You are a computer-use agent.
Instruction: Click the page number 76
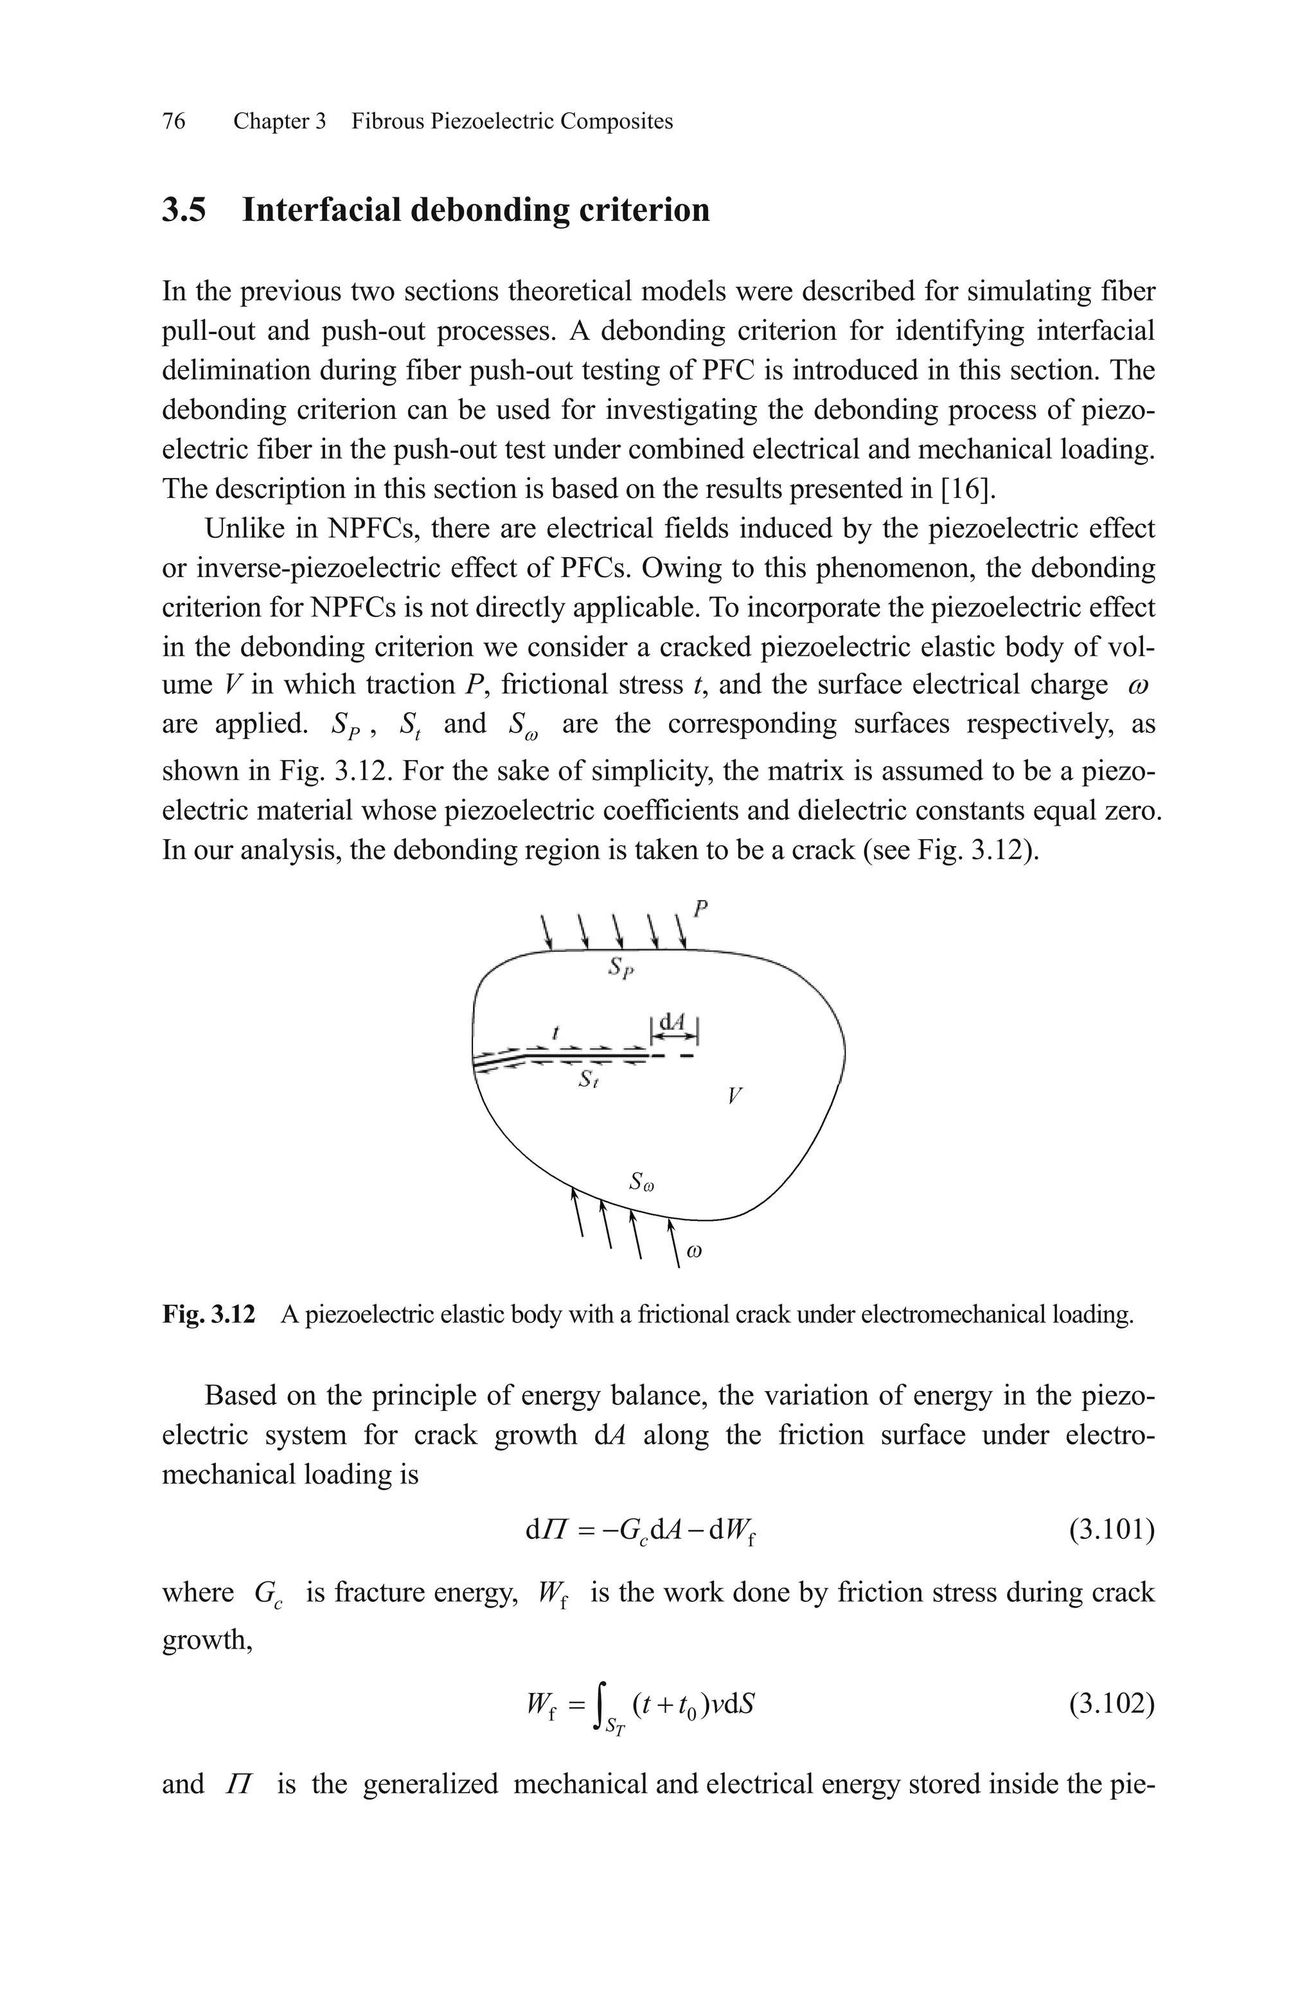pos(173,121)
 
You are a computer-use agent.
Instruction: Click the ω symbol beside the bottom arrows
pos(694,1252)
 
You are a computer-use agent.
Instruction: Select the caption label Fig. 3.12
pos(208,1314)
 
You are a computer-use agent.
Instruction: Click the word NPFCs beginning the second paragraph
pos(366,529)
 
